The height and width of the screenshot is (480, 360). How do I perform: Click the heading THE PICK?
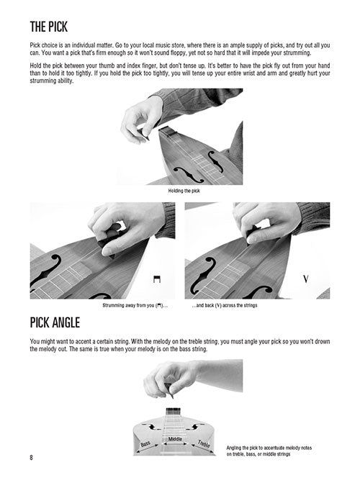[x=49, y=27]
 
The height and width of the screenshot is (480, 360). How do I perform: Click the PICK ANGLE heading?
[x=55, y=322]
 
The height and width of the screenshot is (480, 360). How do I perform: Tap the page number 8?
[x=31, y=458]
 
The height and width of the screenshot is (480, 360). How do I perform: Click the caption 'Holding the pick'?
[x=184, y=191]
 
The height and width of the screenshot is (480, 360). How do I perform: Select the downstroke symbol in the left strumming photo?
[x=157, y=279]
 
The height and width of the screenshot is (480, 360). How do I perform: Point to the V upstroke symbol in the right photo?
[x=305, y=279]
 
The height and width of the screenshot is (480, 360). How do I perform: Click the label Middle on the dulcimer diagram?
[x=175, y=439]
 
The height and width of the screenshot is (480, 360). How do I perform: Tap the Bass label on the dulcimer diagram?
[x=145, y=443]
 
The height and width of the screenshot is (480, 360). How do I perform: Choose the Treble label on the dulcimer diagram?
[x=204, y=443]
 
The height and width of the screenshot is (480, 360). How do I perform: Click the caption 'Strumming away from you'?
[x=135, y=305]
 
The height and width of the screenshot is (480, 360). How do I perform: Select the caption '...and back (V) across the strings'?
[x=225, y=305]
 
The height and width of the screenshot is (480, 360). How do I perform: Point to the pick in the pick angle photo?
[x=168, y=390]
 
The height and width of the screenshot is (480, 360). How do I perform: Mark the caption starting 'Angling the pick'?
[x=269, y=450]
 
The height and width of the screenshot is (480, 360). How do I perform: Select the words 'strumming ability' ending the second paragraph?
[x=52, y=81]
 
